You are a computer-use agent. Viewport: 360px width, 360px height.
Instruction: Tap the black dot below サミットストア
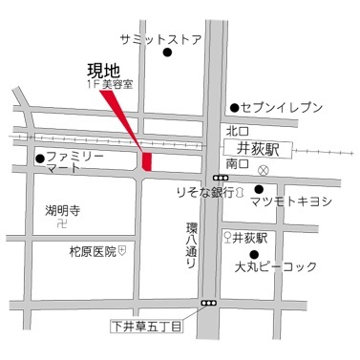tap(168, 55)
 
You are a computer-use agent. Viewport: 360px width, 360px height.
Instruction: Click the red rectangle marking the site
tap(146, 160)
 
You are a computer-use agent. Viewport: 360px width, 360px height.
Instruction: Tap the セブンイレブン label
tap(282, 108)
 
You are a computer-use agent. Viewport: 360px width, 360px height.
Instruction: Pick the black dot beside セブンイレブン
tap(233, 108)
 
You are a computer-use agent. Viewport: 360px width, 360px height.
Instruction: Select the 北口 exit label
tap(237, 131)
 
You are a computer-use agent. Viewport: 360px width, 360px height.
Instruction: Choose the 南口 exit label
tap(237, 163)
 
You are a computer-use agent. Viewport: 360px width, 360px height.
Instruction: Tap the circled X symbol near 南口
tap(265, 170)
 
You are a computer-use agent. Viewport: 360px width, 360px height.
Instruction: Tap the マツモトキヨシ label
tap(290, 201)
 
